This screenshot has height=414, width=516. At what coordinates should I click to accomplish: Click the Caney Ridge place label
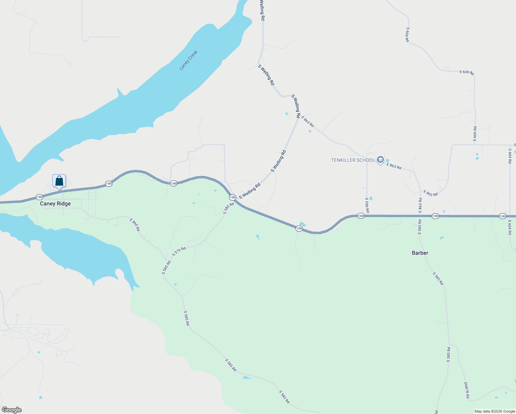55,204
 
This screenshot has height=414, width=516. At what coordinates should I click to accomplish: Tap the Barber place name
420,253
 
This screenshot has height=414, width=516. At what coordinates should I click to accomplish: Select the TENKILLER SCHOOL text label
353,160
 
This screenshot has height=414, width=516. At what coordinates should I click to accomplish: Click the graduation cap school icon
380,160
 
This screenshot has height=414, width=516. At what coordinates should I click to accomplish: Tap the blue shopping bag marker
59,181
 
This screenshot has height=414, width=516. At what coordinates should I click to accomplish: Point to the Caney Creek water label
188,60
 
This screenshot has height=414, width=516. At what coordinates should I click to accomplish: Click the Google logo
11,410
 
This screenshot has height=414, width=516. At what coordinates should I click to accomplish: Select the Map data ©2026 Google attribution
495,411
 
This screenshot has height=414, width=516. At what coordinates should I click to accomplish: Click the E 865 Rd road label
135,225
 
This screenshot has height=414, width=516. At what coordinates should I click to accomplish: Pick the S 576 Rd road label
179,252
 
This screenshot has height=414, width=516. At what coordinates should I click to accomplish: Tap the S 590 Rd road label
367,205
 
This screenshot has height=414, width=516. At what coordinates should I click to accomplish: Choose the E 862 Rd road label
430,193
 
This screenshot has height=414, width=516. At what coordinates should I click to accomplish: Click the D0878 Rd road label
466,390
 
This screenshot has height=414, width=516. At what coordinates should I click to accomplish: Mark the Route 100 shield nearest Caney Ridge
39,197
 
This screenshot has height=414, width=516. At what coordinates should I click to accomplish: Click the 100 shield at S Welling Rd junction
232,197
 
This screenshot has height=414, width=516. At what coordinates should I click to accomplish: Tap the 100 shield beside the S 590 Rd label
361,216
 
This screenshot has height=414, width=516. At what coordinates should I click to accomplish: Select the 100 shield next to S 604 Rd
503,216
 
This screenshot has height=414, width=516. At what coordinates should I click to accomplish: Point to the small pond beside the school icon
387,160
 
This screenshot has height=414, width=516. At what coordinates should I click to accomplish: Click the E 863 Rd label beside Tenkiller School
394,166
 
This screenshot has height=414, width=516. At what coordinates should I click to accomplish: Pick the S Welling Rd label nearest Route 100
250,191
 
